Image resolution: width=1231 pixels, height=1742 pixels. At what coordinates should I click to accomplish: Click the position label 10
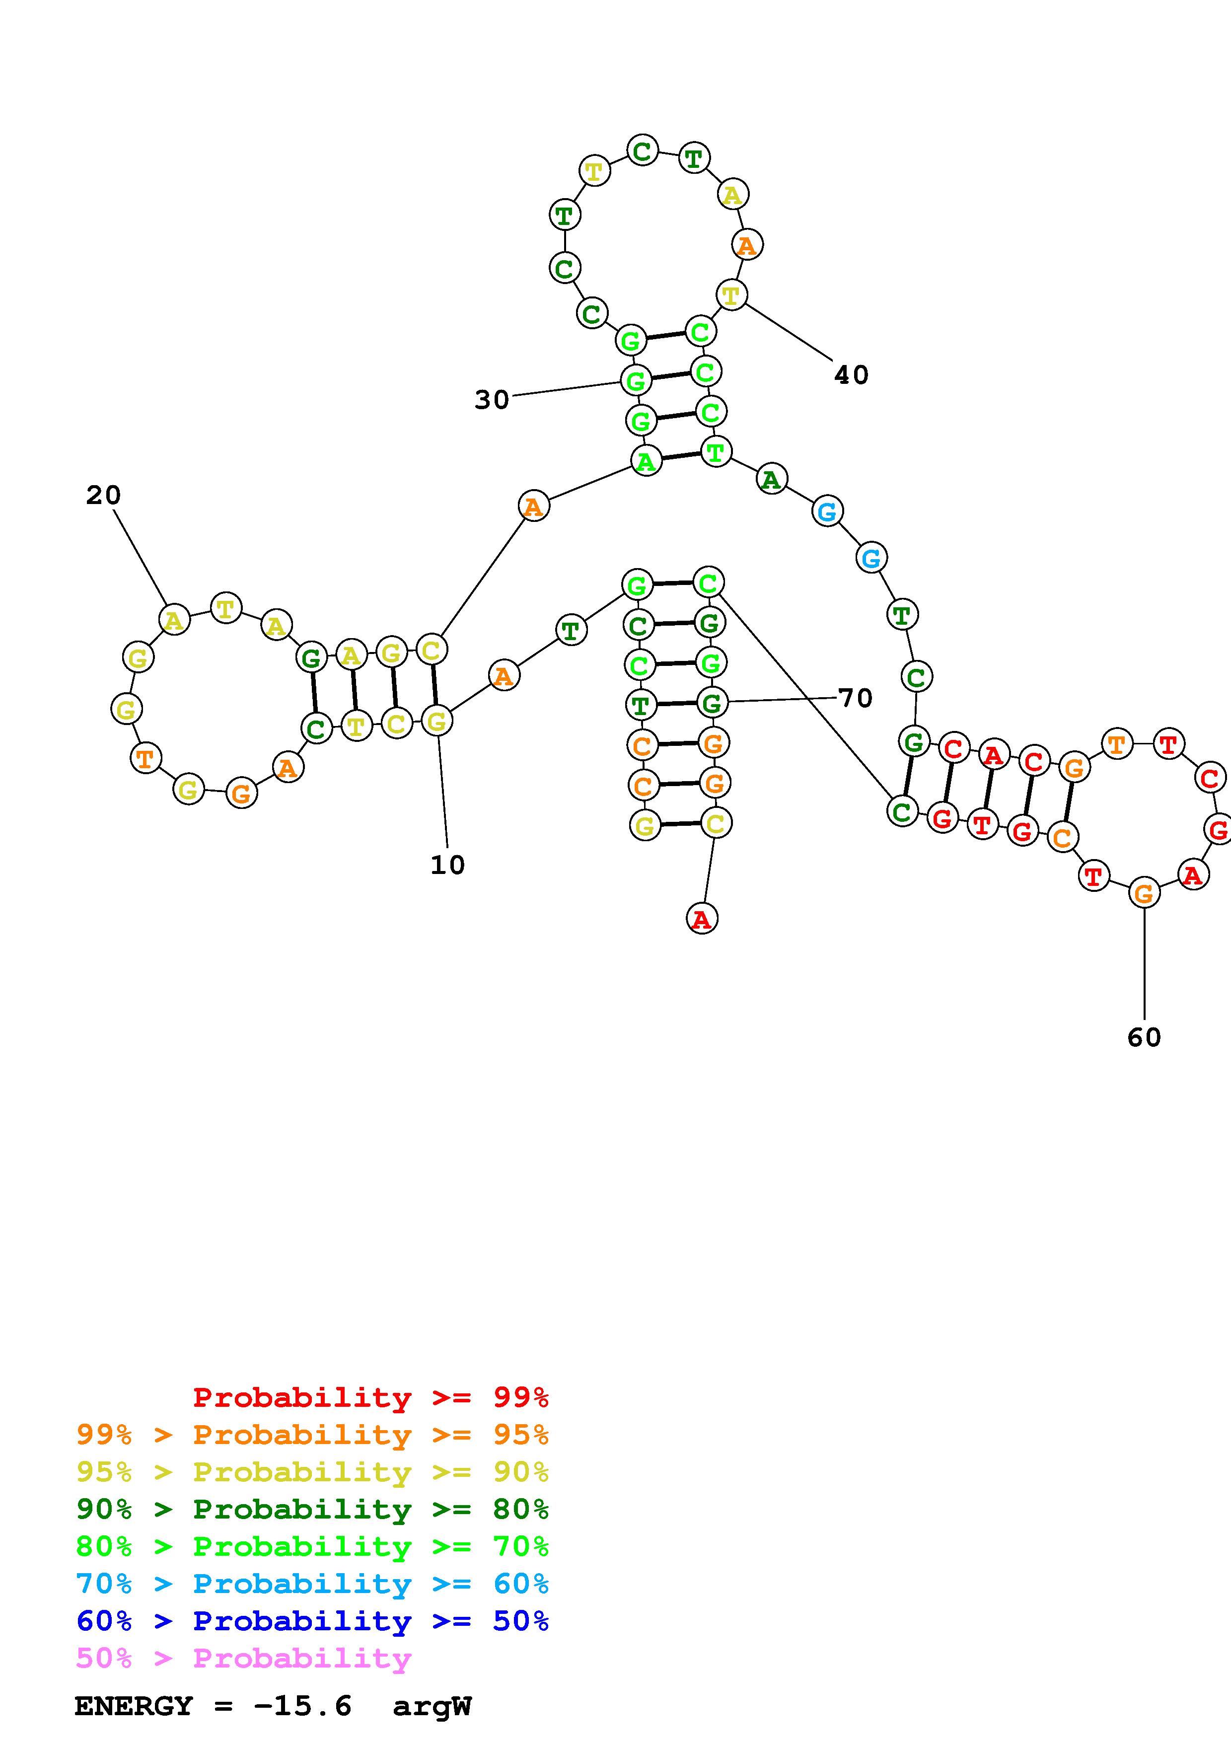coord(447,865)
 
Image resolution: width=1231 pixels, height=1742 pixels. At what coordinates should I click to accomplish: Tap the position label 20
coord(103,496)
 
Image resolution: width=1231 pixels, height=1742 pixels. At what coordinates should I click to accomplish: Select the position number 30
coord(492,400)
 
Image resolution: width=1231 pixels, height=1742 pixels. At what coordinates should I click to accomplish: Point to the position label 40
coord(851,375)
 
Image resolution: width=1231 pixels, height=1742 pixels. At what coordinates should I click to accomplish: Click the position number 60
coord(1144,1038)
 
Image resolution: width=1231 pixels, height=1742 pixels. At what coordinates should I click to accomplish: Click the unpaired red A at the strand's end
coord(702,919)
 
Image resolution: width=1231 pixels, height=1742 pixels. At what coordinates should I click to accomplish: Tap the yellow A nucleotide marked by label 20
coord(174,620)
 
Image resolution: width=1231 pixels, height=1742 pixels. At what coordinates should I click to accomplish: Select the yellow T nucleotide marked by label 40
coord(731,294)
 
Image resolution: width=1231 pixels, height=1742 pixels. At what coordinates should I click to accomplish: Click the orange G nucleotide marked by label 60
coord(1144,893)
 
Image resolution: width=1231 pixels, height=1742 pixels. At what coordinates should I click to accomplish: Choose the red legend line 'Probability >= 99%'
coord(371,1397)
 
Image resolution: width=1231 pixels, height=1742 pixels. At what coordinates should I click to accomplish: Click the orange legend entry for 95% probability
coord(312,1435)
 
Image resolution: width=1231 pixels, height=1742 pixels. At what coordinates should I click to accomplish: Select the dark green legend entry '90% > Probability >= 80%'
coord(312,1509)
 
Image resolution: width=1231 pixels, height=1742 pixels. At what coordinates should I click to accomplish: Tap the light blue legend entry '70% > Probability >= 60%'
coord(312,1584)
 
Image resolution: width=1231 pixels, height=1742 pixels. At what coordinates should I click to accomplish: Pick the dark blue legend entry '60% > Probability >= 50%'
coord(312,1621)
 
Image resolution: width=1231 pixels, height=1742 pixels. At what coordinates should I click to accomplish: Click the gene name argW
coord(433,1706)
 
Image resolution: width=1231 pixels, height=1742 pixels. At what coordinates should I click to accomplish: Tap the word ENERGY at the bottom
coord(134,1706)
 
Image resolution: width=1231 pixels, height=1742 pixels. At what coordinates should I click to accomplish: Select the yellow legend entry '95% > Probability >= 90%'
coord(312,1472)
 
